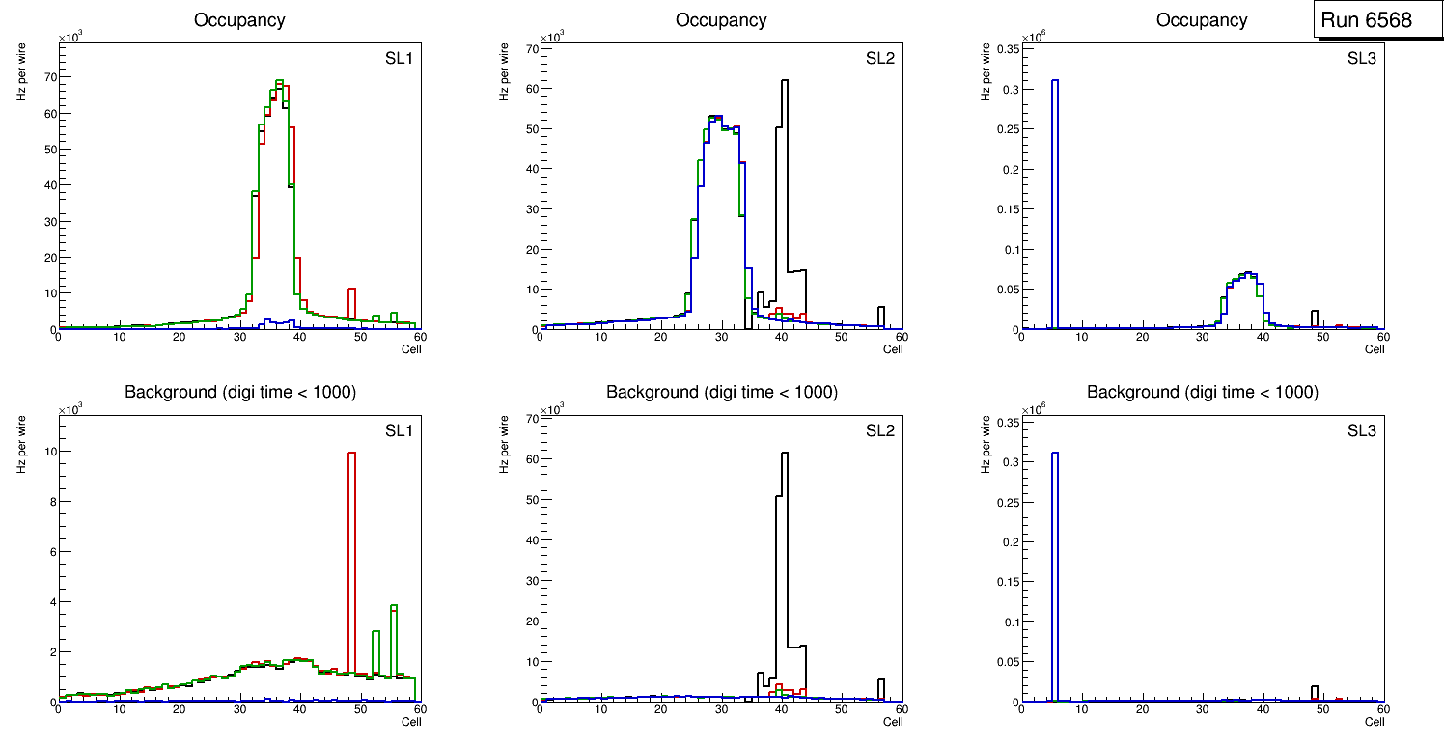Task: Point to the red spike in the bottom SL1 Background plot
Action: (352, 560)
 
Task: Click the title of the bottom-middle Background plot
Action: (722, 392)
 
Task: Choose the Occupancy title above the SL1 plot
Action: (240, 20)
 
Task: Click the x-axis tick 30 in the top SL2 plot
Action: (721, 338)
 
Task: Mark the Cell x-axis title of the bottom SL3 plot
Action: (1375, 722)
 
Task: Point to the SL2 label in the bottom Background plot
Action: (880, 430)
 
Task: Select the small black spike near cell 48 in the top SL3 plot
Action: (1315, 318)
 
